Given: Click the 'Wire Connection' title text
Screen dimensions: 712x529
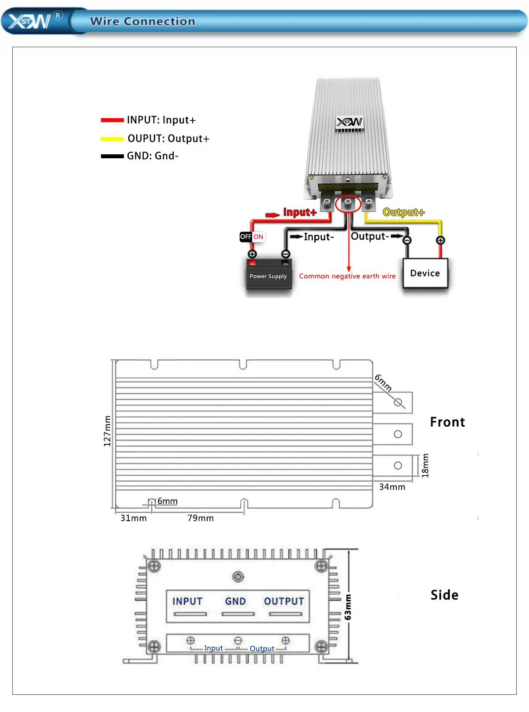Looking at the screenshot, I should (x=142, y=21).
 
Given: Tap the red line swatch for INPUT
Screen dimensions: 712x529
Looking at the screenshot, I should (x=112, y=120).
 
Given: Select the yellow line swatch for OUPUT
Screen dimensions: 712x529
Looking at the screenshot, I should (x=112, y=139).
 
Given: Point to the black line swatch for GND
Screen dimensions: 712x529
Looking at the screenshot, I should (x=112, y=156).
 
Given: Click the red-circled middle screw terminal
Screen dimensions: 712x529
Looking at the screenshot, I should (x=348, y=203).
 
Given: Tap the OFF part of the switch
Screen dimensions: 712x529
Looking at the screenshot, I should (x=246, y=237).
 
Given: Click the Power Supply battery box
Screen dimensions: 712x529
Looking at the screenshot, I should (x=268, y=276).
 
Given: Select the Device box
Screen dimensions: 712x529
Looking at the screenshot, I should (x=425, y=273).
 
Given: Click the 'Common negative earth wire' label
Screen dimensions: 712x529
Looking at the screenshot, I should (x=347, y=276).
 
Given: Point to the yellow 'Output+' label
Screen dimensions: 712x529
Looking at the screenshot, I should (x=403, y=212).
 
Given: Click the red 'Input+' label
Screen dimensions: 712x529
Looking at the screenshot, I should (x=300, y=212).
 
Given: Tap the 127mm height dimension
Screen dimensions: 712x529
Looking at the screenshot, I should (x=107, y=431).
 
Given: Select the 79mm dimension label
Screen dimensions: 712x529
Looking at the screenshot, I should (x=200, y=518).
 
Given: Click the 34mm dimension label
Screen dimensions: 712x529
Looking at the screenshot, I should (x=392, y=487).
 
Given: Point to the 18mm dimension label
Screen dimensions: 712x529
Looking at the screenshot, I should (x=425, y=466).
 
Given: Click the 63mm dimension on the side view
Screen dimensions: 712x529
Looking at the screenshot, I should (x=348, y=607).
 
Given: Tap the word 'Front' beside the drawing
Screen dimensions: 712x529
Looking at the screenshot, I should (x=447, y=422).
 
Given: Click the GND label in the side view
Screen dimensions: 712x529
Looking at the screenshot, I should (x=235, y=601).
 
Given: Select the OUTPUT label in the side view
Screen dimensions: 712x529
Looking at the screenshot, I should (x=284, y=601).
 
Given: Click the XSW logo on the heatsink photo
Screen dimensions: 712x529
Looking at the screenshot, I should (x=349, y=122).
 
